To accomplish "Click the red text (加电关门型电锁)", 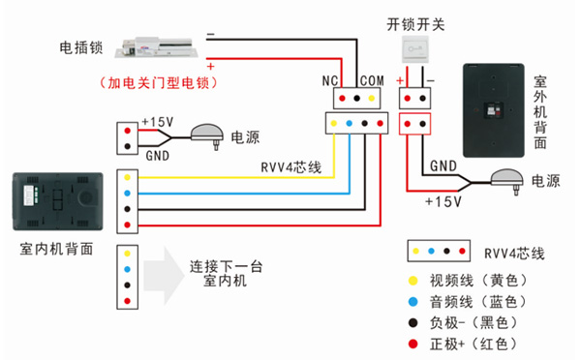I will [x=157, y=83].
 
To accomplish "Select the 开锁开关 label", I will [x=414, y=23].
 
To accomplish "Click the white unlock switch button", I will [x=414, y=52].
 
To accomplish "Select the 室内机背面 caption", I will [x=56, y=249].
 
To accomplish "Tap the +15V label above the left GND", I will [x=157, y=122].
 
